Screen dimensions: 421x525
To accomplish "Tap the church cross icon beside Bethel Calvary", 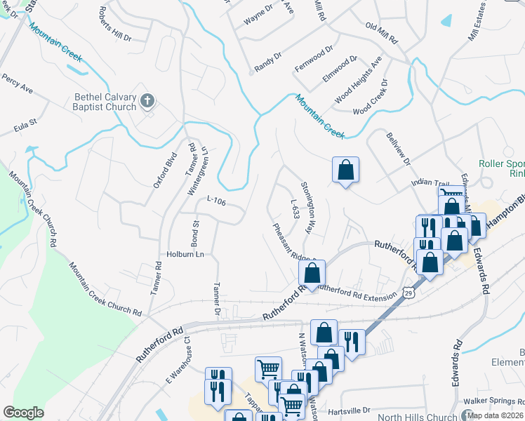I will tap(147, 101).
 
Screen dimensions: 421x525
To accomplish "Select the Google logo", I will tap(23, 413).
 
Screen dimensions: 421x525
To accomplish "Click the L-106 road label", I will tap(216, 201).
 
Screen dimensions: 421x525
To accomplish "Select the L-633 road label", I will tap(295, 208).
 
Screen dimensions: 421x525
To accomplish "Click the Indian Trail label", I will tap(429, 182).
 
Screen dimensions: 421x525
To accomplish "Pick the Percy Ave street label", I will tap(17, 83).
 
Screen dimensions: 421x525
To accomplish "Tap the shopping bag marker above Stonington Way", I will tap(345, 170).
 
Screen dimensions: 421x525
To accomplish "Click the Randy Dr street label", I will tap(267, 61).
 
